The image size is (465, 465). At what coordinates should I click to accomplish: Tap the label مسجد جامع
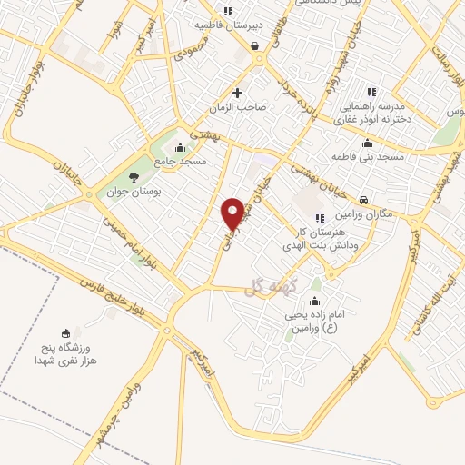(x=180, y=161)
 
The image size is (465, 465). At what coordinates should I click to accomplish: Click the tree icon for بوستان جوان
(x=134, y=177)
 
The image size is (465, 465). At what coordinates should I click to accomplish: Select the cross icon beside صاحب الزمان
(x=238, y=93)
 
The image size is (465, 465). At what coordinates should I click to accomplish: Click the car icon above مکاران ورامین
(x=363, y=200)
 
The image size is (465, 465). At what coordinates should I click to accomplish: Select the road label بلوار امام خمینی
(x=124, y=240)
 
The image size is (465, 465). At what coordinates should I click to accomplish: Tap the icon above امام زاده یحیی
(x=315, y=302)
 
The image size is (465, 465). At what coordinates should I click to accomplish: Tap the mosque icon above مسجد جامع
(x=180, y=148)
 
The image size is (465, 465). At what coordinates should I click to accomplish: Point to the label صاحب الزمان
(x=238, y=107)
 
